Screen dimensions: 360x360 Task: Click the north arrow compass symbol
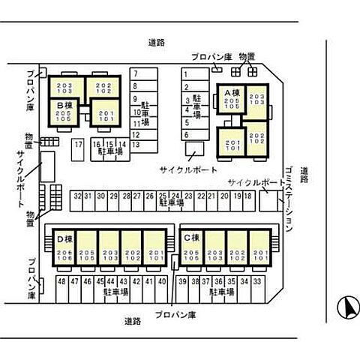point(346,307)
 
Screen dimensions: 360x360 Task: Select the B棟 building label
point(63,106)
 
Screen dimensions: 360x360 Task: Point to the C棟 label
point(191,238)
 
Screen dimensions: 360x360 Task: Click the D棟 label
point(63,239)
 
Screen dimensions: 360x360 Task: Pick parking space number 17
point(77,144)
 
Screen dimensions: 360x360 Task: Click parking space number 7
point(135,73)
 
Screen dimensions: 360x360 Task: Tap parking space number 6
point(186,134)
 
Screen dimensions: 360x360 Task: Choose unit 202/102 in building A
point(256,137)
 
